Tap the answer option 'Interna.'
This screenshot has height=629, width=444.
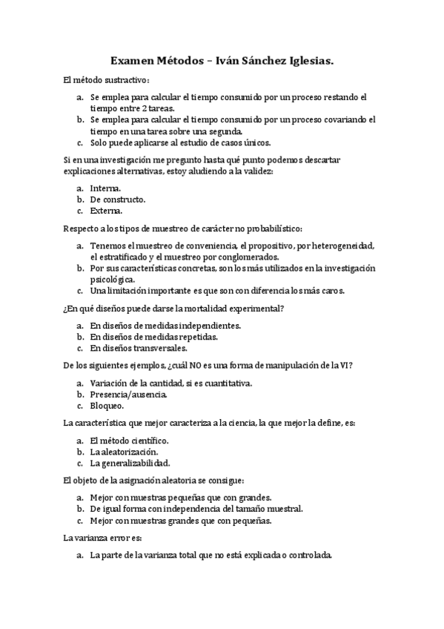pos(105,188)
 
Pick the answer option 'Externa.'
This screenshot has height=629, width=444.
pos(106,211)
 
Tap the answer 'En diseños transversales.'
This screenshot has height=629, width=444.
pos(139,347)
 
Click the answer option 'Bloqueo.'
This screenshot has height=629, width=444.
pos(107,405)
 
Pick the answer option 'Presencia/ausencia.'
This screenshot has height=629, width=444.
pos(128,394)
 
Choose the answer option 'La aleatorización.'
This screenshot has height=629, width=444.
pos(124,451)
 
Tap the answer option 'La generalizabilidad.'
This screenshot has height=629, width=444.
pos(130,462)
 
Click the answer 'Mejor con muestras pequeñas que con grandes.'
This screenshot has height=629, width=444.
pos(180,497)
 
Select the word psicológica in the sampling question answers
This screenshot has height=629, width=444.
pos(113,279)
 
